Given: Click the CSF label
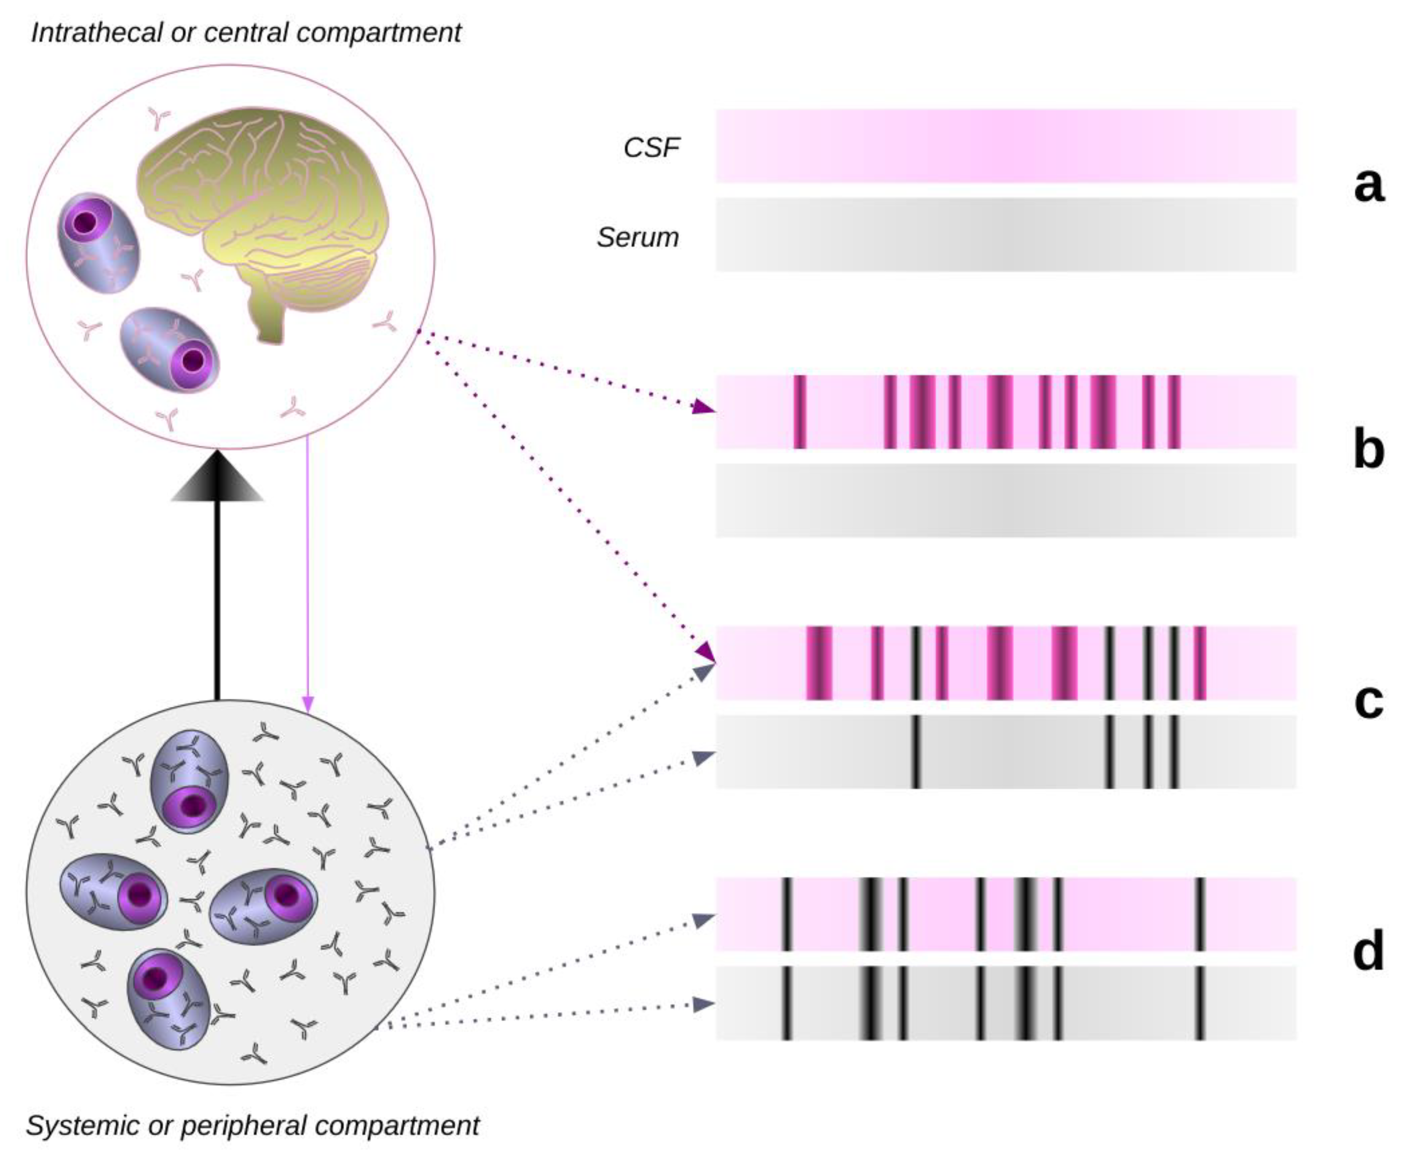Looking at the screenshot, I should tap(651, 148).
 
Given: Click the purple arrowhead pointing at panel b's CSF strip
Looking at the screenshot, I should tap(703, 406).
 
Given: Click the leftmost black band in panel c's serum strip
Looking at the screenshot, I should tap(915, 752).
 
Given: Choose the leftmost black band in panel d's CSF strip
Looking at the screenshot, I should tap(786, 914).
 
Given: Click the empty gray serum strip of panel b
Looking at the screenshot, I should tap(1005, 500).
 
